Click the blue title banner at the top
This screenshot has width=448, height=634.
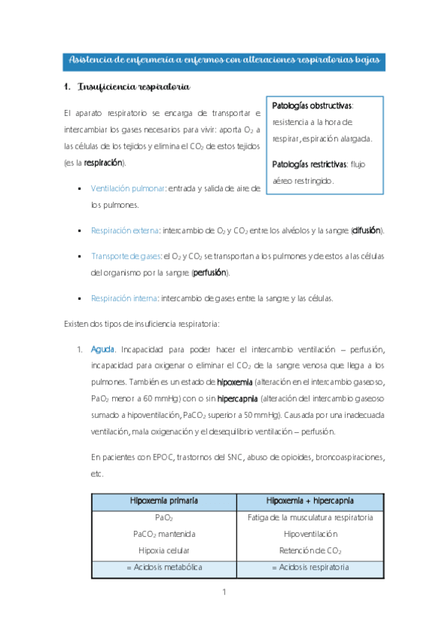[x=224, y=60]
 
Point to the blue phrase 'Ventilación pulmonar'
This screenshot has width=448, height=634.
[x=127, y=189]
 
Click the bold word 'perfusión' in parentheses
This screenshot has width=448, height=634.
[x=210, y=272]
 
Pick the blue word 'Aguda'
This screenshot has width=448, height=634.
[x=102, y=349]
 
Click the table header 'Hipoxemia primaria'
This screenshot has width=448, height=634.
[x=165, y=500]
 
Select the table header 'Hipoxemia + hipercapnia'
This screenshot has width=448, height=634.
[x=311, y=500]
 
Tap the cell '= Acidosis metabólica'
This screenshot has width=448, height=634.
[x=165, y=567]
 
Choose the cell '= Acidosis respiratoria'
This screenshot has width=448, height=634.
[x=311, y=567]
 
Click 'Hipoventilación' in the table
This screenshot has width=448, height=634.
[x=311, y=534]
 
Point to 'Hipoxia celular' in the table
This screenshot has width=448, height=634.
[x=165, y=550]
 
